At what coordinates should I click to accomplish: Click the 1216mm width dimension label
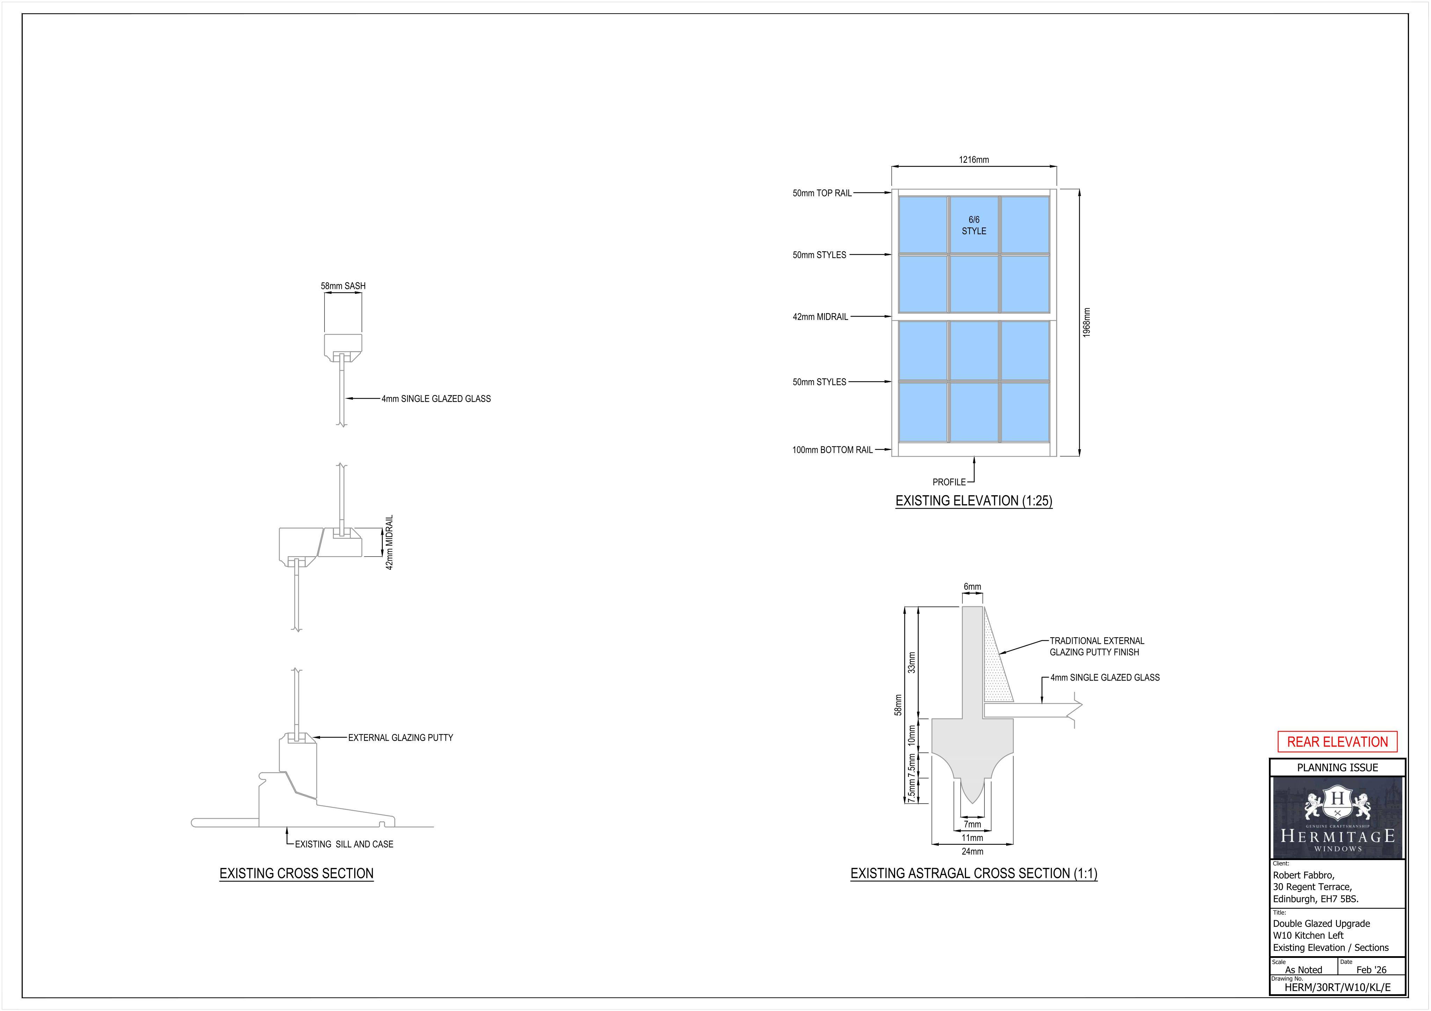(x=974, y=160)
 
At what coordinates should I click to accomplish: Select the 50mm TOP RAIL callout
(x=822, y=193)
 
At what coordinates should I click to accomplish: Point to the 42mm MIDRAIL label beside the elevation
(x=820, y=317)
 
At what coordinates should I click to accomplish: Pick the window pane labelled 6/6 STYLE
(x=974, y=225)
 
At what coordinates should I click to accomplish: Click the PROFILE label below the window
(x=949, y=482)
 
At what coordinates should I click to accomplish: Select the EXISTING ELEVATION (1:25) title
(x=974, y=501)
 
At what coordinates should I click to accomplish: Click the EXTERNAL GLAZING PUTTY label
(x=400, y=737)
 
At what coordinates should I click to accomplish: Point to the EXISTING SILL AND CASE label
(x=344, y=844)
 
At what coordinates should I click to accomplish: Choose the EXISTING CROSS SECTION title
(x=297, y=873)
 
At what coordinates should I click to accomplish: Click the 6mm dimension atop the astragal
(x=972, y=587)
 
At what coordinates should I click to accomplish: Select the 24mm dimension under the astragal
(x=972, y=851)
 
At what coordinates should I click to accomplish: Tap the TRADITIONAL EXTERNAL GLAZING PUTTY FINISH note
(x=1097, y=646)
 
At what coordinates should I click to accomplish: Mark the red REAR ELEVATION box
(x=1337, y=742)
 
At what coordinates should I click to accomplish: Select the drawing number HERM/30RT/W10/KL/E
(x=1337, y=987)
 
